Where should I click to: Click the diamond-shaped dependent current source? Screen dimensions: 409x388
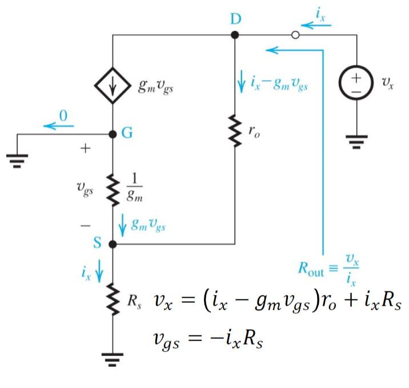click(x=113, y=86)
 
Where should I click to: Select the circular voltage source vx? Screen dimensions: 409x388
click(x=356, y=82)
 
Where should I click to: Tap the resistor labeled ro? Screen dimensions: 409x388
click(x=235, y=131)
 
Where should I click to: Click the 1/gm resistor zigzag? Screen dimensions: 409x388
click(x=113, y=190)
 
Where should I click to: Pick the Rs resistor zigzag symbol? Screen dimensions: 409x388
click(x=113, y=299)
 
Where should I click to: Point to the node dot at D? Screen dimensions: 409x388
click(x=235, y=35)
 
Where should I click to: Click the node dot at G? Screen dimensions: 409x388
click(x=113, y=134)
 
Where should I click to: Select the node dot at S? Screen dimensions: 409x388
click(x=113, y=245)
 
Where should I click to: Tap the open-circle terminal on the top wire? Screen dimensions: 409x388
click(x=295, y=35)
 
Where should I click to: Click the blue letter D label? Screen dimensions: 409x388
click(x=236, y=19)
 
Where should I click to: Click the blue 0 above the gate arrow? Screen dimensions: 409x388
click(x=63, y=115)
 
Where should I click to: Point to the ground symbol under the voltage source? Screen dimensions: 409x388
click(x=356, y=142)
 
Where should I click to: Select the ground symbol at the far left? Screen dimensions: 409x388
click(x=17, y=161)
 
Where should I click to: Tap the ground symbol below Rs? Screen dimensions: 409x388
click(x=113, y=359)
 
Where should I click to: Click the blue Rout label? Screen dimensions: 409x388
click(x=311, y=269)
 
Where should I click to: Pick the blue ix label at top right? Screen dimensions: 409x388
click(x=320, y=14)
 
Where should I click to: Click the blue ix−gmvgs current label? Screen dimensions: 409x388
click(x=279, y=83)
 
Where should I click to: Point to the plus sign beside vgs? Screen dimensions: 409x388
click(x=85, y=149)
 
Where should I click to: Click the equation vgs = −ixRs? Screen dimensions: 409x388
click(x=208, y=340)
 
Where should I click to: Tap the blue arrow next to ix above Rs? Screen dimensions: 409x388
click(x=99, y=271)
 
